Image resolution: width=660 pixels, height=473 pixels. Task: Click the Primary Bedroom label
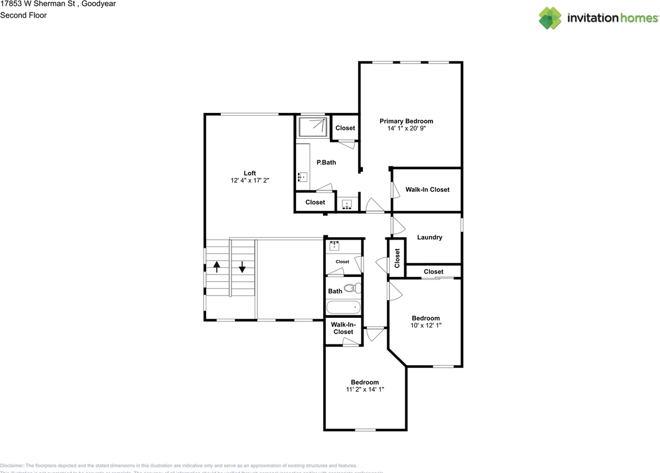406,121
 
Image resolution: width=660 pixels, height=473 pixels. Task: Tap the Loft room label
250,173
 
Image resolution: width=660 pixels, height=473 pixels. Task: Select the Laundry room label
430,237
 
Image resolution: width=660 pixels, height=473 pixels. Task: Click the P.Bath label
326,162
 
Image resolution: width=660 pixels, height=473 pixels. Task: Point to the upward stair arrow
217,267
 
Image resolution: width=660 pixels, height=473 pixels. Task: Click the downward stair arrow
242,267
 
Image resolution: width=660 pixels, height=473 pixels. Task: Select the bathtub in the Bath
343,308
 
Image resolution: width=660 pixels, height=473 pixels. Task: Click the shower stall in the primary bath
312,126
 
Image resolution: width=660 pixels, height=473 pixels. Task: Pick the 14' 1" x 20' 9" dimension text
406,128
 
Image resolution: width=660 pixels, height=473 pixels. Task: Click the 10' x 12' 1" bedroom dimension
425,325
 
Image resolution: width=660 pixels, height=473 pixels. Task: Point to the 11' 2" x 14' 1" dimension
365,390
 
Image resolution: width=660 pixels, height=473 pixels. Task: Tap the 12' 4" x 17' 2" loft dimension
250,181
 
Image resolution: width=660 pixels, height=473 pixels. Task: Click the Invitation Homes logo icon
550,18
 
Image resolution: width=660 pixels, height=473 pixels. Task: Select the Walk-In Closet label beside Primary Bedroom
427,189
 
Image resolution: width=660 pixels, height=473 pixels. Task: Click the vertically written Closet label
397,258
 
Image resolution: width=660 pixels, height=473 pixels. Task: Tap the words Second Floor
23,15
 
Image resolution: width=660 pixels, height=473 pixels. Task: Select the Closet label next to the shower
345,128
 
